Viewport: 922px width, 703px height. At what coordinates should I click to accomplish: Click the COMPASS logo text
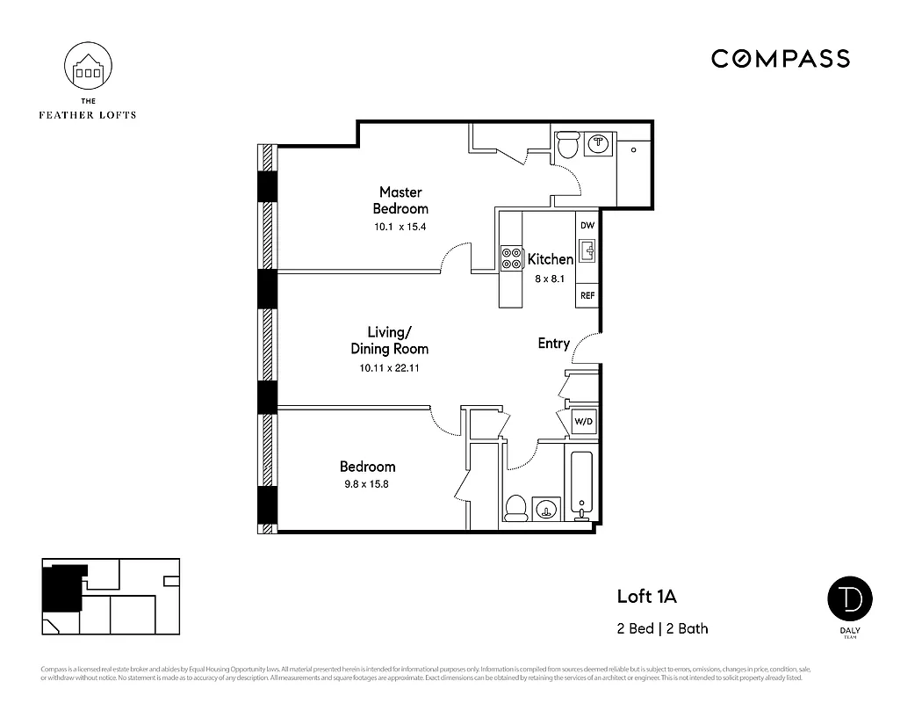(780, 59)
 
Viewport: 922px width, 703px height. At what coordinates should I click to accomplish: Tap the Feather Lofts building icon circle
(89, 69)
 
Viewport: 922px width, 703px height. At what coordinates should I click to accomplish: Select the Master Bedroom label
(400, 200)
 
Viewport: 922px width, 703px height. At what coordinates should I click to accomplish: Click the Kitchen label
(550, 259)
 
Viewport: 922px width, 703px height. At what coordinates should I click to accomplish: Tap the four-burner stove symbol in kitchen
(510, 258)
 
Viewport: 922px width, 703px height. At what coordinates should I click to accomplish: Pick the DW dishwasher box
(587, 226)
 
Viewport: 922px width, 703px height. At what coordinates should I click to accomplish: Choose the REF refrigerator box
(587, 295)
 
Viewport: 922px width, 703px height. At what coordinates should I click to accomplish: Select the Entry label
(553, 344)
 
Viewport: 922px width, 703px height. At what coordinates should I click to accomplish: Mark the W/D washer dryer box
(582, 422)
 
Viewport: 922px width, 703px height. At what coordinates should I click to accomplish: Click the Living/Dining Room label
(390, 340)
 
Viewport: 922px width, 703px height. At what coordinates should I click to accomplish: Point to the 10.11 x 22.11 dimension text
(389, 369)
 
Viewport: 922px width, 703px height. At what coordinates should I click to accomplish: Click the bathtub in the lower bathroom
(582, 483)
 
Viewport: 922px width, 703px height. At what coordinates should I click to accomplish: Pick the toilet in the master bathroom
(568, 144)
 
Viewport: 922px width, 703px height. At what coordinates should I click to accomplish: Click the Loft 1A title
(647, 598)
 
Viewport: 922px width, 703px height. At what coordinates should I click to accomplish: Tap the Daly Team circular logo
(850, 598)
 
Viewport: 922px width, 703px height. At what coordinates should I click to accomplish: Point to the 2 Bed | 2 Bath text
(662, 628)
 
